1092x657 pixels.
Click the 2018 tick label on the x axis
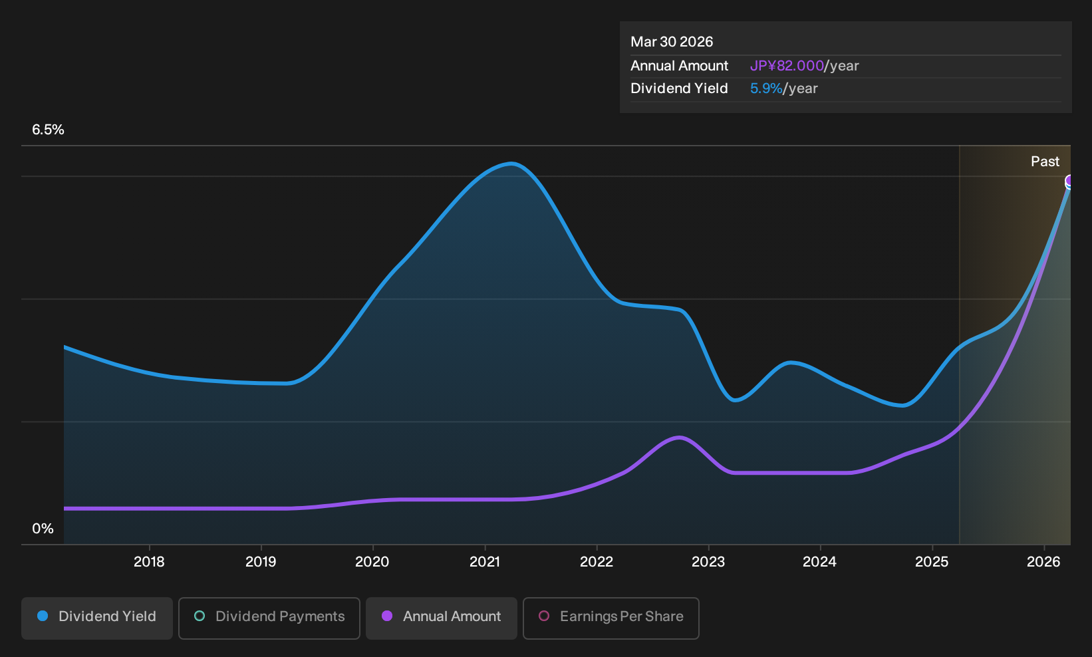click(149, 562)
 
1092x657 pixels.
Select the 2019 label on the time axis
click(261, 562)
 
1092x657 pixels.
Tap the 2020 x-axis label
click(372, 562)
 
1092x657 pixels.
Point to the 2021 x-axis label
click(485, 562)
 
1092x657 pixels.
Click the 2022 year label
click(597, 562)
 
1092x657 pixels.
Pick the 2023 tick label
click(708, 562)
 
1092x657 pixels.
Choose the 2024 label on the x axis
click(819, 562)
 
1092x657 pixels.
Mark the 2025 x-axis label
click(932, 562)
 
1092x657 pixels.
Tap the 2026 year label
click(1043, 562)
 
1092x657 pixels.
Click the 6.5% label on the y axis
click(48, 130)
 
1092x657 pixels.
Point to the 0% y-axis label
click(43, 529)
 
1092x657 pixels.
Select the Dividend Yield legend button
click(97, 618)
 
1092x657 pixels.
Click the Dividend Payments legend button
click(269, 618)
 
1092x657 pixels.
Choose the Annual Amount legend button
click(441, 618)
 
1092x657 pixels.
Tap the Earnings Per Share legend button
click(611, 618)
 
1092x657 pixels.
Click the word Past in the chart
click(1045, 162)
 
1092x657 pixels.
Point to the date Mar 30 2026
click(671, 42)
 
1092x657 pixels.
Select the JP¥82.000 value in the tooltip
click(786, 66)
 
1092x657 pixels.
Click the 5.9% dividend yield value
click(766, 88)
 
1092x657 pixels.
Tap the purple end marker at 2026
click(1068, 182)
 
